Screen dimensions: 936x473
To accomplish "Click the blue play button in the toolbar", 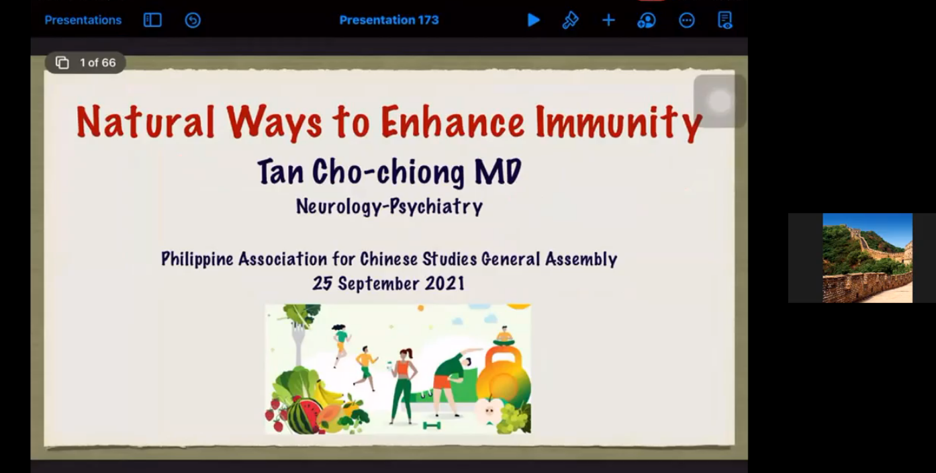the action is [533, 20].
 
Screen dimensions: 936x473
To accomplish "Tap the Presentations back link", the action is [83, 20].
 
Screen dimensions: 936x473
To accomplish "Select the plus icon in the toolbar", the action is [608, 20].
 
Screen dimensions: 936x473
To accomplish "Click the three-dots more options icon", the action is [686, 20].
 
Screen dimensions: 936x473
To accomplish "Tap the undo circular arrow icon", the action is [193, 20].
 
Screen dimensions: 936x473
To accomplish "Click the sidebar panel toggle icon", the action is [152, 20].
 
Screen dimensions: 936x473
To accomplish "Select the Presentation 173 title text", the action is [389, 20].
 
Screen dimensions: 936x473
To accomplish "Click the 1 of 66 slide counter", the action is [86, 62].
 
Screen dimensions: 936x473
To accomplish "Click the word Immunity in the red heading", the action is [618, 122].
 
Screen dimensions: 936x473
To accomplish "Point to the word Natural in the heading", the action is [145, 122].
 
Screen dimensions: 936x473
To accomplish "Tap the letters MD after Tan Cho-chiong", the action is [498, 171].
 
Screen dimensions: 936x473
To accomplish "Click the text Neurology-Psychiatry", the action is [389, 206].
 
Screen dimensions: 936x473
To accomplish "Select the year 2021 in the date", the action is [444, 284].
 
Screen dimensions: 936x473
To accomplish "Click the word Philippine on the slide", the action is [197, 259].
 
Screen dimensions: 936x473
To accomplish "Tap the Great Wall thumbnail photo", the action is [868, 257].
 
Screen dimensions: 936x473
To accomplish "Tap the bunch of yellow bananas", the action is [330, 393].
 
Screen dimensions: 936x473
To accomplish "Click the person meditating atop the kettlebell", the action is [504, 335].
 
